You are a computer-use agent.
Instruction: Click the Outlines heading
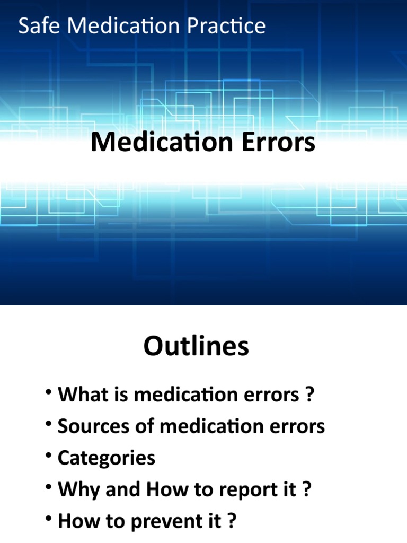click(x=196, y=347)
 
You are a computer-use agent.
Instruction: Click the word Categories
click(x=107, y=458)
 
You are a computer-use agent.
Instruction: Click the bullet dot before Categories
click(x=49, y=455)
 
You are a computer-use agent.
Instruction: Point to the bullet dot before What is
click(x=49, y=392)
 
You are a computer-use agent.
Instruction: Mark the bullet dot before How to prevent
click(x=49, y=518)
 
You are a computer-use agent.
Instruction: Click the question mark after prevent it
click(x=231, y=521)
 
